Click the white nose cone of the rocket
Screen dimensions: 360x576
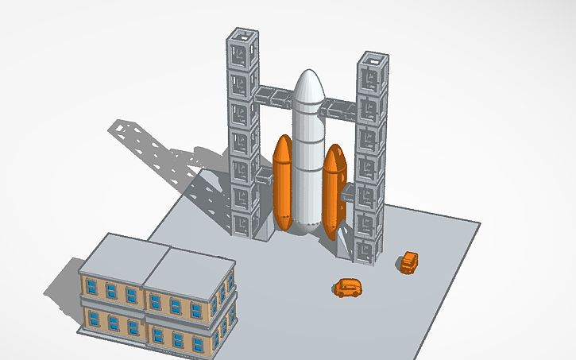pyautogui.click(x=307, y=89)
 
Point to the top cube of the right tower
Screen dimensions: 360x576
pyautogui.click(x=371, y=72)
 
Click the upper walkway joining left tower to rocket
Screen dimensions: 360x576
pyautogui.click(x=275, y=96)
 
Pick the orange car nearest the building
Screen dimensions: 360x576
pyautogui.click(x=347, y=287)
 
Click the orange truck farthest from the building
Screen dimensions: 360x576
pyautogui.click(x=408, y=262)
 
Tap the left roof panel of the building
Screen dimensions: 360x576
pyautogui.click(x=123, y=254)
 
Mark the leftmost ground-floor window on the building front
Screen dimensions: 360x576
pyautogui.click(x=95, y=319)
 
